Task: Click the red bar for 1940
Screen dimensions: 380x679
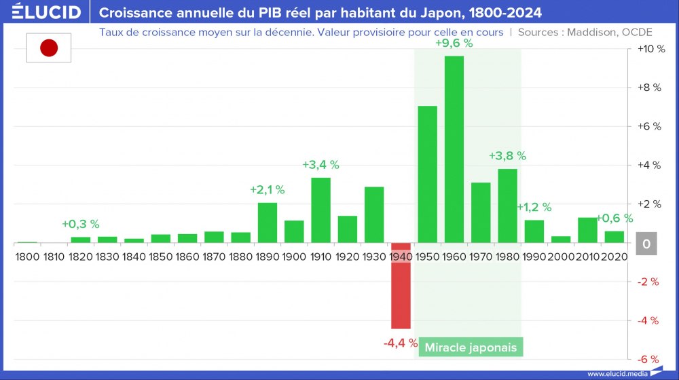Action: (401, 285)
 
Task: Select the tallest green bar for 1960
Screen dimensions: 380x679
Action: (454, 149)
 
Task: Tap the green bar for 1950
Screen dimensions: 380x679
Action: (427, 174)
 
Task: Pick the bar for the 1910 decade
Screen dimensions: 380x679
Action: (320, 210)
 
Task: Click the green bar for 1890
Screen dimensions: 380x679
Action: (268, 223)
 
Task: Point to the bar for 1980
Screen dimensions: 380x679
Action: (507, 206)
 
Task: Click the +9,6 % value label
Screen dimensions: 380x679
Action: (454, 43)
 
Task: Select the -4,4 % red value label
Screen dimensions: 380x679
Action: (400, 343)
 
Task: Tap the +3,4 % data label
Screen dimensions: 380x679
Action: (320, 165)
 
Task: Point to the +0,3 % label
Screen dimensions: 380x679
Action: (80, 224)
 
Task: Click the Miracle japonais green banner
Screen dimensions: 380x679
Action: (471, 347)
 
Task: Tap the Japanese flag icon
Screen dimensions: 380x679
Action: (49, 47)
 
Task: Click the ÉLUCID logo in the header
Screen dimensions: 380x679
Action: (46, 12)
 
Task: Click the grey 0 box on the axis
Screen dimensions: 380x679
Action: (647, 244)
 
